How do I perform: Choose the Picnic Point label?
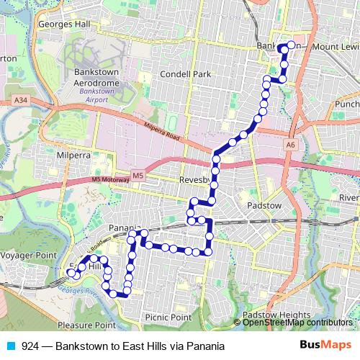[168, 317]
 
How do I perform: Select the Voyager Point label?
[28, 255]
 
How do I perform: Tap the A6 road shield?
[291, 145]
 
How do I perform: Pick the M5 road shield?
[138, 175]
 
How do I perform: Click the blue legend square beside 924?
[11, 346]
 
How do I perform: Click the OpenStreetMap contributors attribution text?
[297, 323]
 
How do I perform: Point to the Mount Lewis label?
[335, 47]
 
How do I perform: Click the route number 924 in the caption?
[30, 346]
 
